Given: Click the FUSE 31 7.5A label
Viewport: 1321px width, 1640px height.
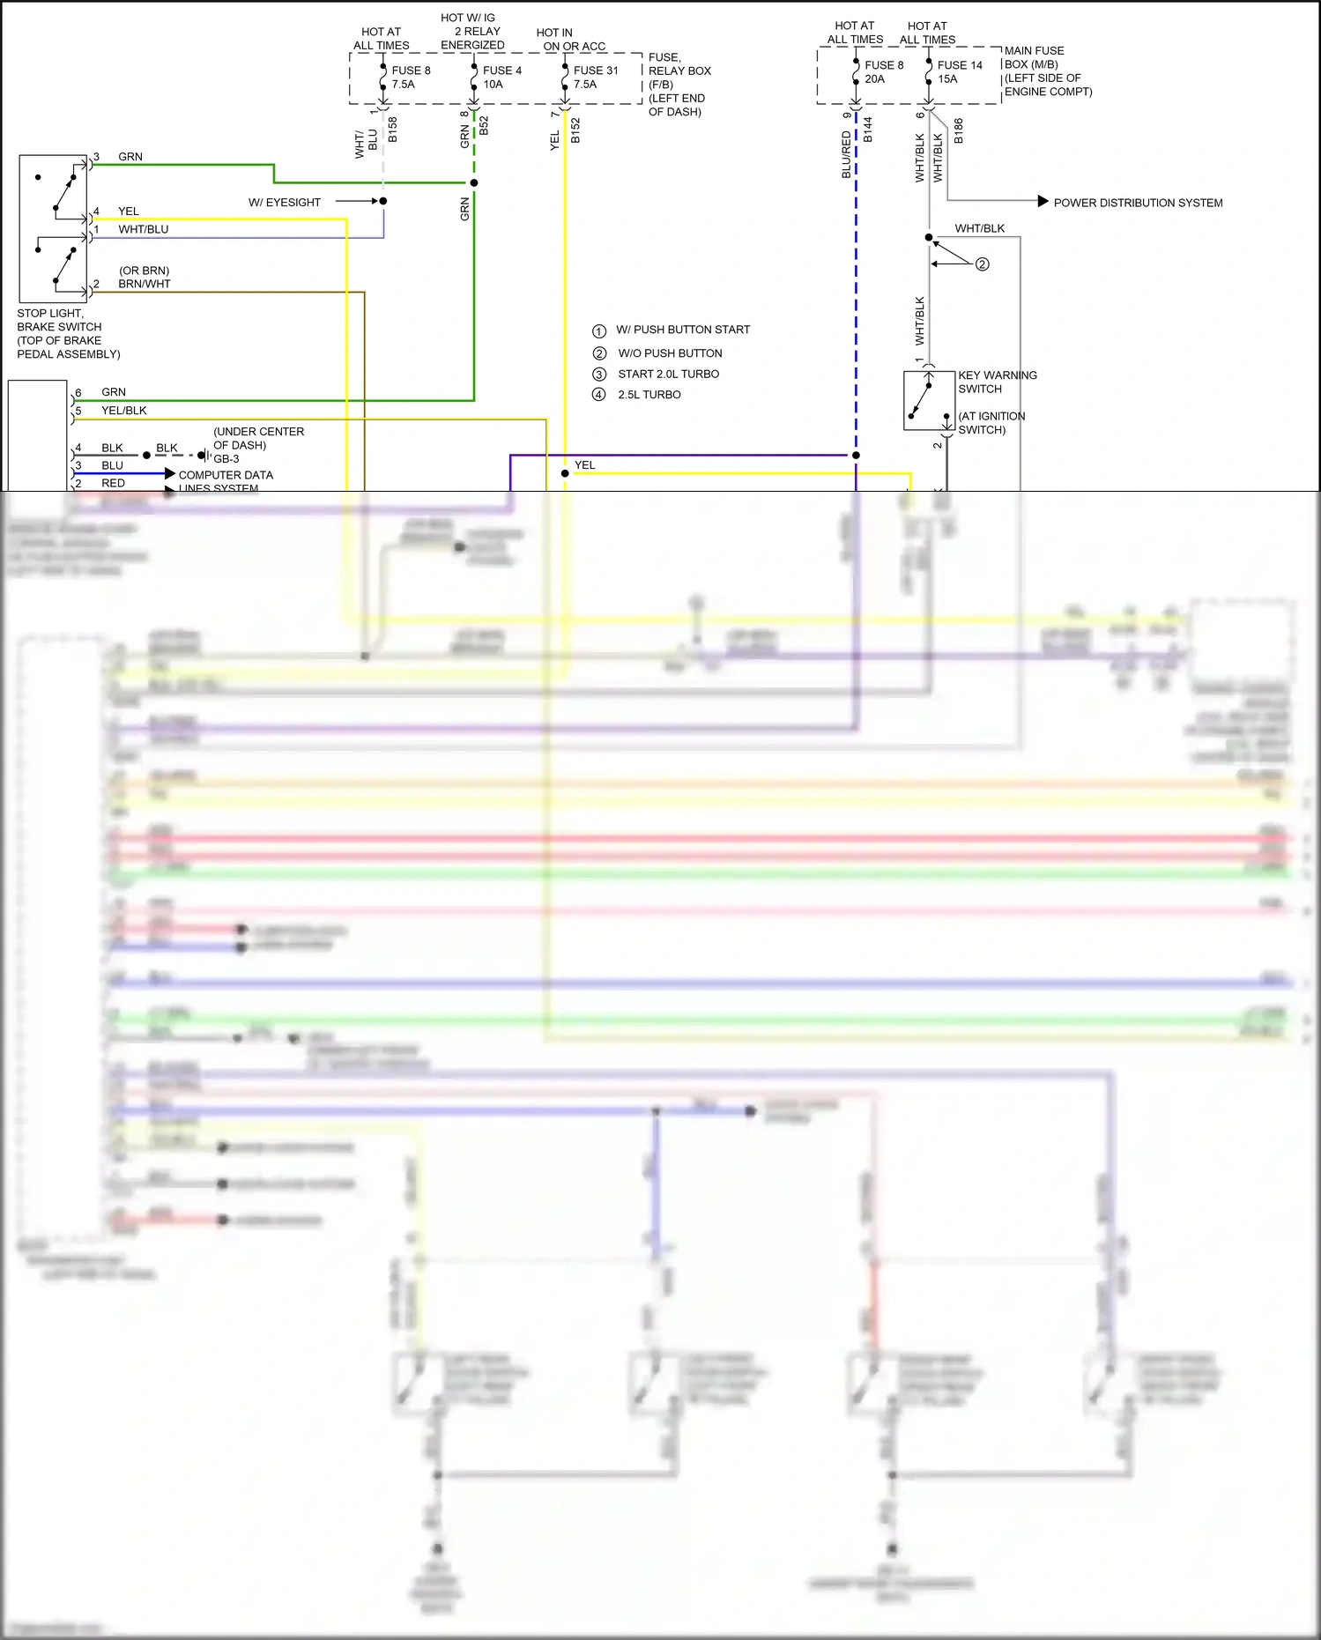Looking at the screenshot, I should coord(596,78).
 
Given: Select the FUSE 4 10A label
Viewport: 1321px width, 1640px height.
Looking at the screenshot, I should coord(501,78).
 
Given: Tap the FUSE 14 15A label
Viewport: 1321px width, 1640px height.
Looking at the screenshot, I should coord(959,72).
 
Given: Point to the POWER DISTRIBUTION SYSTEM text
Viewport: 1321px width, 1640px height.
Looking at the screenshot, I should coord(1138,203).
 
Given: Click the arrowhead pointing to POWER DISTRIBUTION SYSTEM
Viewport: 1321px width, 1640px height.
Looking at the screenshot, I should coord(1043,202).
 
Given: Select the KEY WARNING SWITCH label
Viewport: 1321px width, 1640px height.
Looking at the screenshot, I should coord(997,382).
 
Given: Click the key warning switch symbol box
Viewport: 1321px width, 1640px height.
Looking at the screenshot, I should coord(929,401).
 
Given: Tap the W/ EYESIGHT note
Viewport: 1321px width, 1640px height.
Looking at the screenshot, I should coord(285,203).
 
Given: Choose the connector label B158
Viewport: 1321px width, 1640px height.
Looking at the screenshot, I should coord(393,130).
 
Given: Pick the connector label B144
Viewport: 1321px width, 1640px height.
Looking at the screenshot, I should coord(868,130).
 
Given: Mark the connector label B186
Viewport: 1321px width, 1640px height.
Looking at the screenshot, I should coord(959,130).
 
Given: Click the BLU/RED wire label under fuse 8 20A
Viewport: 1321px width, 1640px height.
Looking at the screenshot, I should coord(847,155).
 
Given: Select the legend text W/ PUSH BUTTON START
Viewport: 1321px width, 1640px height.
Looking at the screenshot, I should coord(683,330).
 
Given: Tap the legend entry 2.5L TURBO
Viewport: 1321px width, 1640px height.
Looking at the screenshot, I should coord(649,395).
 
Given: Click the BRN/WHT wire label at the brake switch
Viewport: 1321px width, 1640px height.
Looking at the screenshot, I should coord(145,284).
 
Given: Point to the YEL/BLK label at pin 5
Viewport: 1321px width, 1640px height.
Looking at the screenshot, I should coord(124,411).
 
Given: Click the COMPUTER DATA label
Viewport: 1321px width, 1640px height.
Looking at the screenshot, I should coord(226,475).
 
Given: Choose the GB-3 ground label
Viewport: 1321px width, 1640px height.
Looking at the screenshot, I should coord(226,459).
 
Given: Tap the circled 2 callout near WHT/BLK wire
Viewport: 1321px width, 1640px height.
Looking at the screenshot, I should coord(983,264).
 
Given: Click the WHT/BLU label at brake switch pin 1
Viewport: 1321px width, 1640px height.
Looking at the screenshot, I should coord(144,229).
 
